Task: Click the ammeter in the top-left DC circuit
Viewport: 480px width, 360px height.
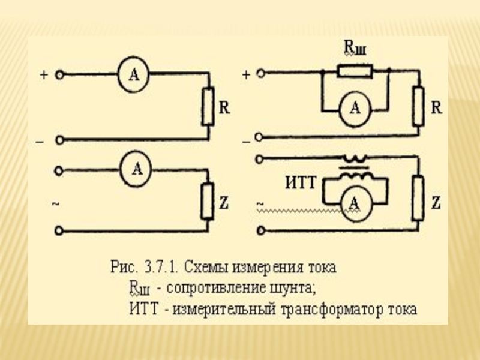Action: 134,75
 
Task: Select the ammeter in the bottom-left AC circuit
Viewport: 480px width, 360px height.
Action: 136,169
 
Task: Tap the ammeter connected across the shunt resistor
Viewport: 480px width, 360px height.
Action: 355,108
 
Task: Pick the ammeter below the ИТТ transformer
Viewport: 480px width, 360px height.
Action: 354,203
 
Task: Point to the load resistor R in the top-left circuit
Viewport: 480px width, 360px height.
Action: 208,107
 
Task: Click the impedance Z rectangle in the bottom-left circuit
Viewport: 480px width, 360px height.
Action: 208,201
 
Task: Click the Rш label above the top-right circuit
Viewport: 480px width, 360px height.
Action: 354,48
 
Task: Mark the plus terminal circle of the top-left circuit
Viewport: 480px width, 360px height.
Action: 59,75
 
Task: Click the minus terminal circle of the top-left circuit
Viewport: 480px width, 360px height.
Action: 59,140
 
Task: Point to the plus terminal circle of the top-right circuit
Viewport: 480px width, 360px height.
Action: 260,74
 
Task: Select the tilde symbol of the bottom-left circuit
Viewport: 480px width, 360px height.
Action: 55,205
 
